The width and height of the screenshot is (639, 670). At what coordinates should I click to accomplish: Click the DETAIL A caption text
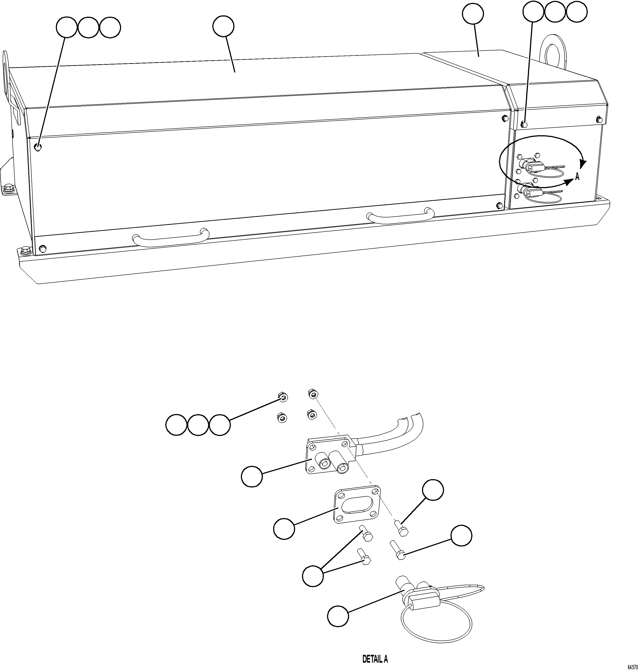pyautogui.click(x=375, y=659)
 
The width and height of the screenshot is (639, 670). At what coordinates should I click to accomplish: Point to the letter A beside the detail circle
pyautogui.click(x=577, y=177)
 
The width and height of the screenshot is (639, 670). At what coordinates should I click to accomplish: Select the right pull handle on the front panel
pyautogui.click(x=400, y=217)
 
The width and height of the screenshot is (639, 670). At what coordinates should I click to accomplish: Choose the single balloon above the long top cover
pyautogui.click(x=223, y=27)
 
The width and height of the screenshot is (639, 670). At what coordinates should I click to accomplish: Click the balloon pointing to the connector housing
pyautogui.click(x=252, y=476)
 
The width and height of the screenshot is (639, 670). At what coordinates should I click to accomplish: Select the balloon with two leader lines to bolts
pyautogui.click(x=313, y=576)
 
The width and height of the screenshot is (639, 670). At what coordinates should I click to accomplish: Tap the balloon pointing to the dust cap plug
pyautogui.click(x=338, y=616)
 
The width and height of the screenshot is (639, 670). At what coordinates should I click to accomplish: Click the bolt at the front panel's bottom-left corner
pyautogui.click(x=42, y=248)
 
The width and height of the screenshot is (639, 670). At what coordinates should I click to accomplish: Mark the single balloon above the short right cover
pyautogui.click(x=473, y=14)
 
